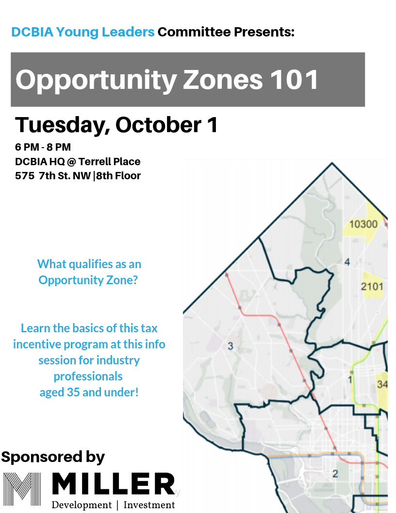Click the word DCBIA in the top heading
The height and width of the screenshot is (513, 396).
pyautogui.click(x=32, y=32)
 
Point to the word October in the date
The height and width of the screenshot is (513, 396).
pyautogui.click(x=159, y=125)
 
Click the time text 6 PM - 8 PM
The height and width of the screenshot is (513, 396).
pyautogui.click(x=43, y=147)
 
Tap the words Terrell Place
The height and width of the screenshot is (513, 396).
pyautogui.click(x=110, y=162)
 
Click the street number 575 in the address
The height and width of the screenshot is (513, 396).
pyautogui.click(x=24, y=176)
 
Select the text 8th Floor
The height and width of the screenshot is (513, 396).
pyautogui.click(x=118, y=176)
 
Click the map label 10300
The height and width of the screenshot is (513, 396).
pyautogui.click(x=363, y=224)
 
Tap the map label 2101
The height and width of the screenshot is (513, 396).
pyautogui.click(x=372, y=287)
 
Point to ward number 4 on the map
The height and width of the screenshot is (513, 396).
pyautogui.click(x=347, y=262)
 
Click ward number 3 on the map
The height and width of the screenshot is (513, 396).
pyautogui.click(x=231, y=346)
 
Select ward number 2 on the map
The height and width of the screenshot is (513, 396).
pyautogui.click(x=335, y=474)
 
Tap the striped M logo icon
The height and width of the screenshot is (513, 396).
pyautogui.click(x=22, y=489)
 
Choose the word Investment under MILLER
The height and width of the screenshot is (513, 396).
pyautogui.click(x=149, y=505)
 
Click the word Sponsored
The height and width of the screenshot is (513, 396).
pyautogui.click(x=42, y=457)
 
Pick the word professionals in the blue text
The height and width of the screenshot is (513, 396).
pyautogui.click(x=88, y=376)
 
